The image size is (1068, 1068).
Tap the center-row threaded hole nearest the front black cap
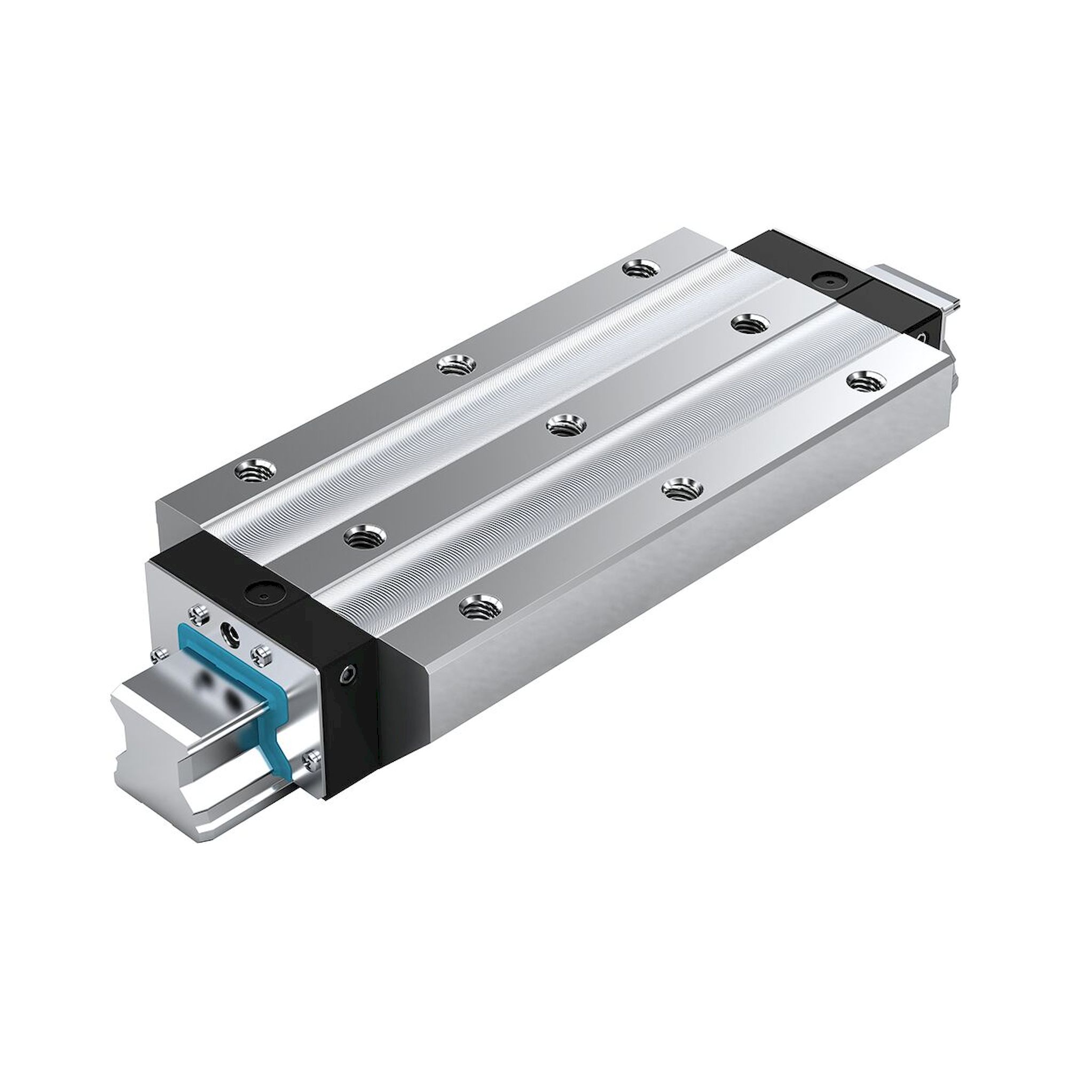[x=364, y=535]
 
